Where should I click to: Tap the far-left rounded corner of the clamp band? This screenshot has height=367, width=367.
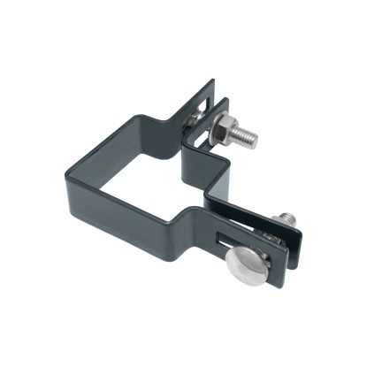tap(64, 170)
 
